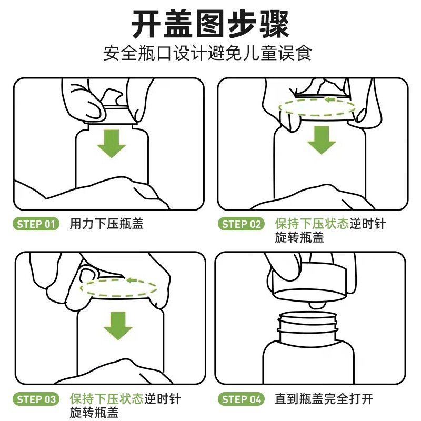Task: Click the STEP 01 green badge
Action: [36, 224]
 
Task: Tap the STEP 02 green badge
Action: [241, 224]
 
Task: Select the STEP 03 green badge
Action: [36, 399]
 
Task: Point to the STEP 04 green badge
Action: [241, 399]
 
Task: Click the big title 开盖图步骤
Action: [210, 25]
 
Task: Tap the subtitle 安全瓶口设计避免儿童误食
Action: [207, 54]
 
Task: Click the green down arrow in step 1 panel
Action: [112, 144]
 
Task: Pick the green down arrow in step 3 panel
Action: [118, 326]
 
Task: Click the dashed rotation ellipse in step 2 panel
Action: [317, 116]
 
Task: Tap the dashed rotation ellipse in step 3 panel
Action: [118, 296]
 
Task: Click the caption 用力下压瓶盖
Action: [107, 224]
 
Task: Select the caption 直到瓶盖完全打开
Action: [324, 399]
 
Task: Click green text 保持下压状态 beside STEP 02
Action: [312, 224]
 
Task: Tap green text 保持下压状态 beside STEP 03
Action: [107, 399]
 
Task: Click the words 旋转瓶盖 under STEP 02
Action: [299, 237]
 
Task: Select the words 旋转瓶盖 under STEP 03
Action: [94, 413]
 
